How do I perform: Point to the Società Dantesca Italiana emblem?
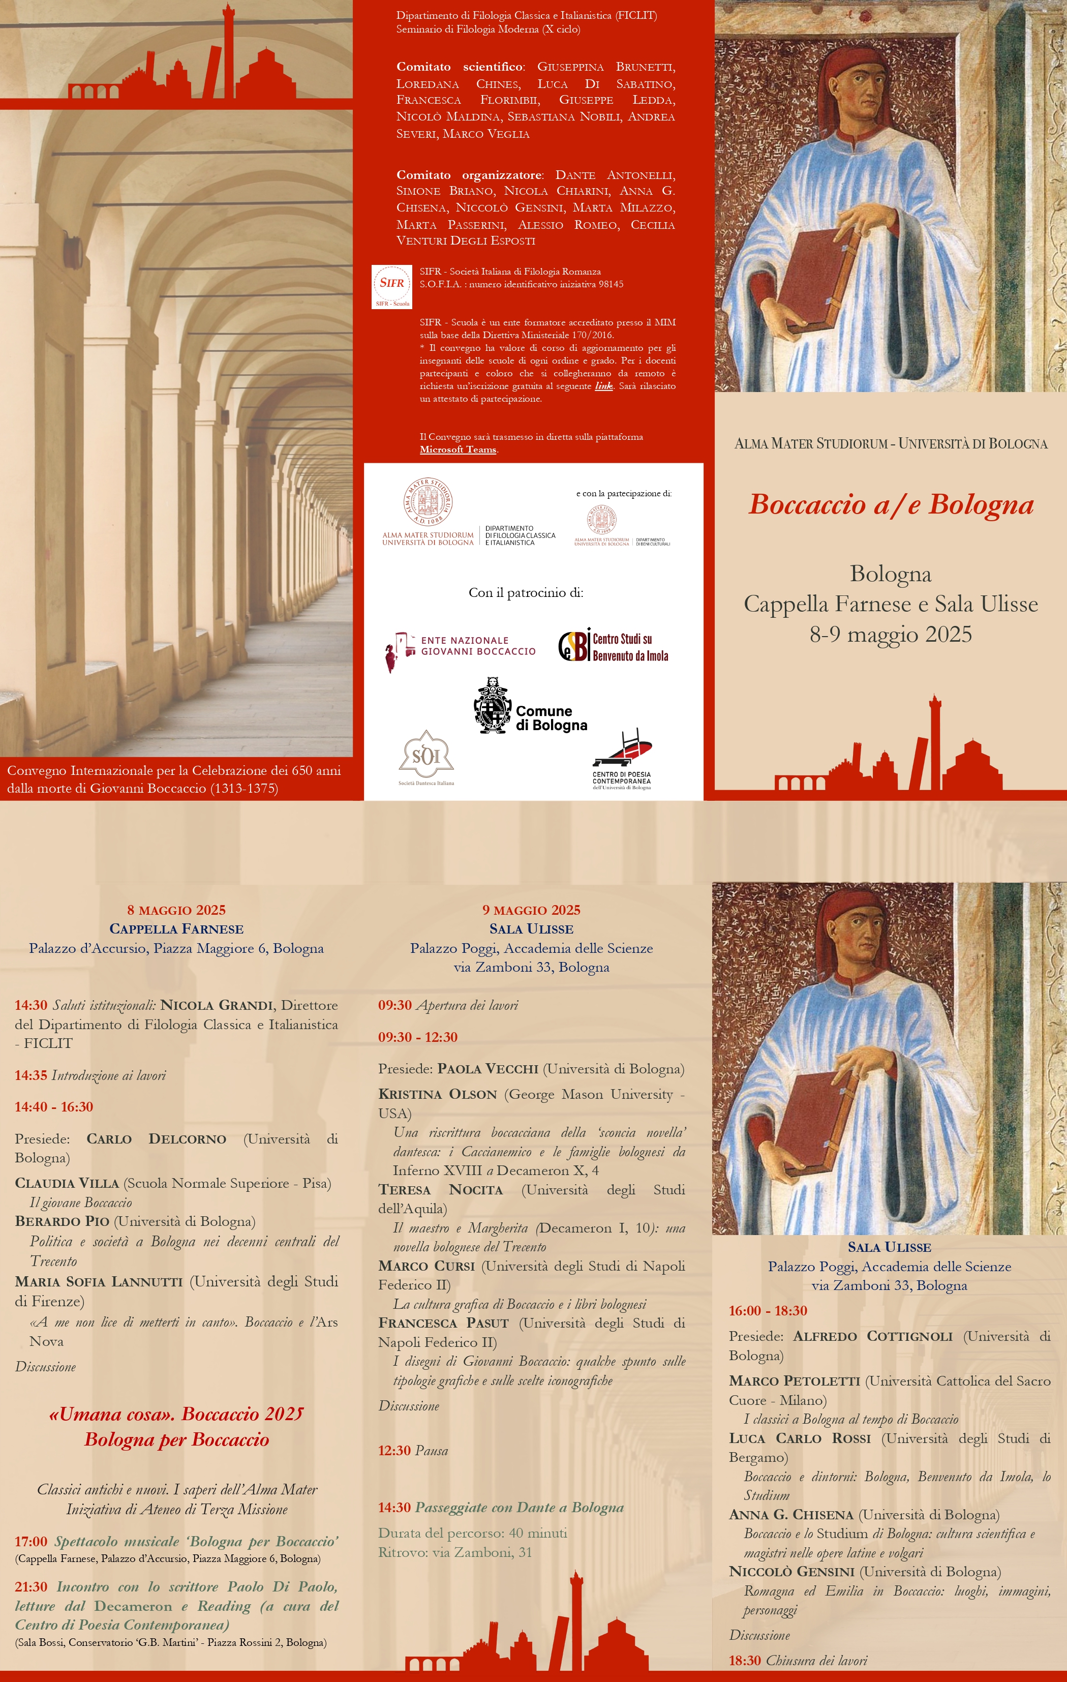(x=426, y=757)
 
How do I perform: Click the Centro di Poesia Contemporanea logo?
(x=622, y=760)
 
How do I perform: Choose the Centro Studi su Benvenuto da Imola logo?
(x=614, y=646)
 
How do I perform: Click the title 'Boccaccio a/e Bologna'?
(x=890, y=504)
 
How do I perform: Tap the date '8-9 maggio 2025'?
(x=890, y=634)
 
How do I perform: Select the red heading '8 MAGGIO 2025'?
(x=176, y=910)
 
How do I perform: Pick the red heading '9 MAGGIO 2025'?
(x=531, y=910)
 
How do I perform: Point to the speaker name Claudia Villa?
(x=67, y=1183)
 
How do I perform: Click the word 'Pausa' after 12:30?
(x=432, y=1451)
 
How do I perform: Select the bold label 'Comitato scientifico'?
(x=460, y=67)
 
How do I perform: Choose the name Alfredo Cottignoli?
(x=872, y=1336)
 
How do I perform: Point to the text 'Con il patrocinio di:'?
(x=525, y=593)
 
